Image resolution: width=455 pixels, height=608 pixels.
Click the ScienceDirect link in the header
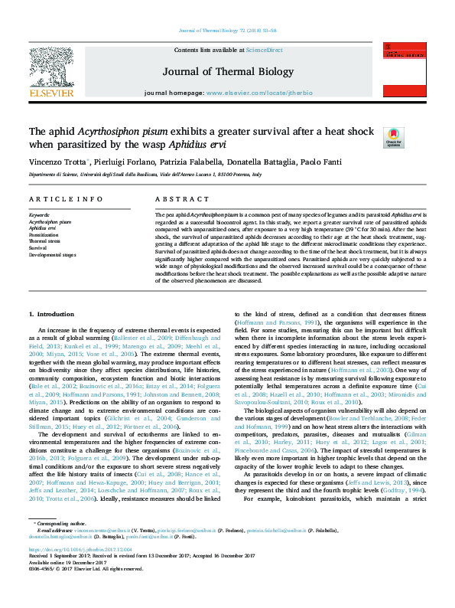(264, 50)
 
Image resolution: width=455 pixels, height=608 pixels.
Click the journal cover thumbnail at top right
(405, 72)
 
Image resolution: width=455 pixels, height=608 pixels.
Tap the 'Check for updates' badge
(393, 138)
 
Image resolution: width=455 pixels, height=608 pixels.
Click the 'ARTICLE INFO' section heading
(66, 199)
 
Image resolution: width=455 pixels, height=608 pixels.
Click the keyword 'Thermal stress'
(44, 241)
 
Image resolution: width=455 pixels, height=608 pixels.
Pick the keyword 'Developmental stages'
(53, 254)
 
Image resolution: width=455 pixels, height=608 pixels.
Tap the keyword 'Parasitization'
(44, 234)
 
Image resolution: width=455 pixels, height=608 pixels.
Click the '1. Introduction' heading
(51, 315)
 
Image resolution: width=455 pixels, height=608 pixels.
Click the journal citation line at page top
(227, 31)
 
